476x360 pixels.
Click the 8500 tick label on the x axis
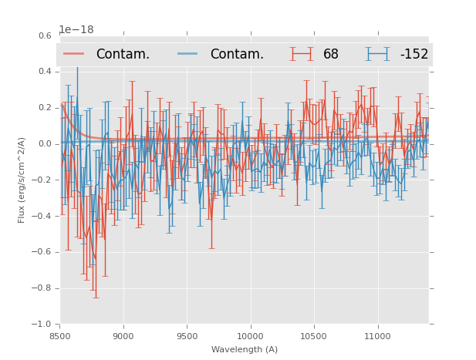60,336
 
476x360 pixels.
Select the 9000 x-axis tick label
123,336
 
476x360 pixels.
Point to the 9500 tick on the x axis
187,336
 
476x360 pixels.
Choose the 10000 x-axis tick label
250,336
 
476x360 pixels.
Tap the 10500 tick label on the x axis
314,336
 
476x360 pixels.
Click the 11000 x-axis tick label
377,336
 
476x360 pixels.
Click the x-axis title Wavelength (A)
245,350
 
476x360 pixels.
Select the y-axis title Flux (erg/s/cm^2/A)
22,180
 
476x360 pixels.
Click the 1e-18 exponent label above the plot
76,30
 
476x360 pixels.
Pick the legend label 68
331,55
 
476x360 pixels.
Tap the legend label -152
414,55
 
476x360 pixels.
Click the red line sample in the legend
74,54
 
